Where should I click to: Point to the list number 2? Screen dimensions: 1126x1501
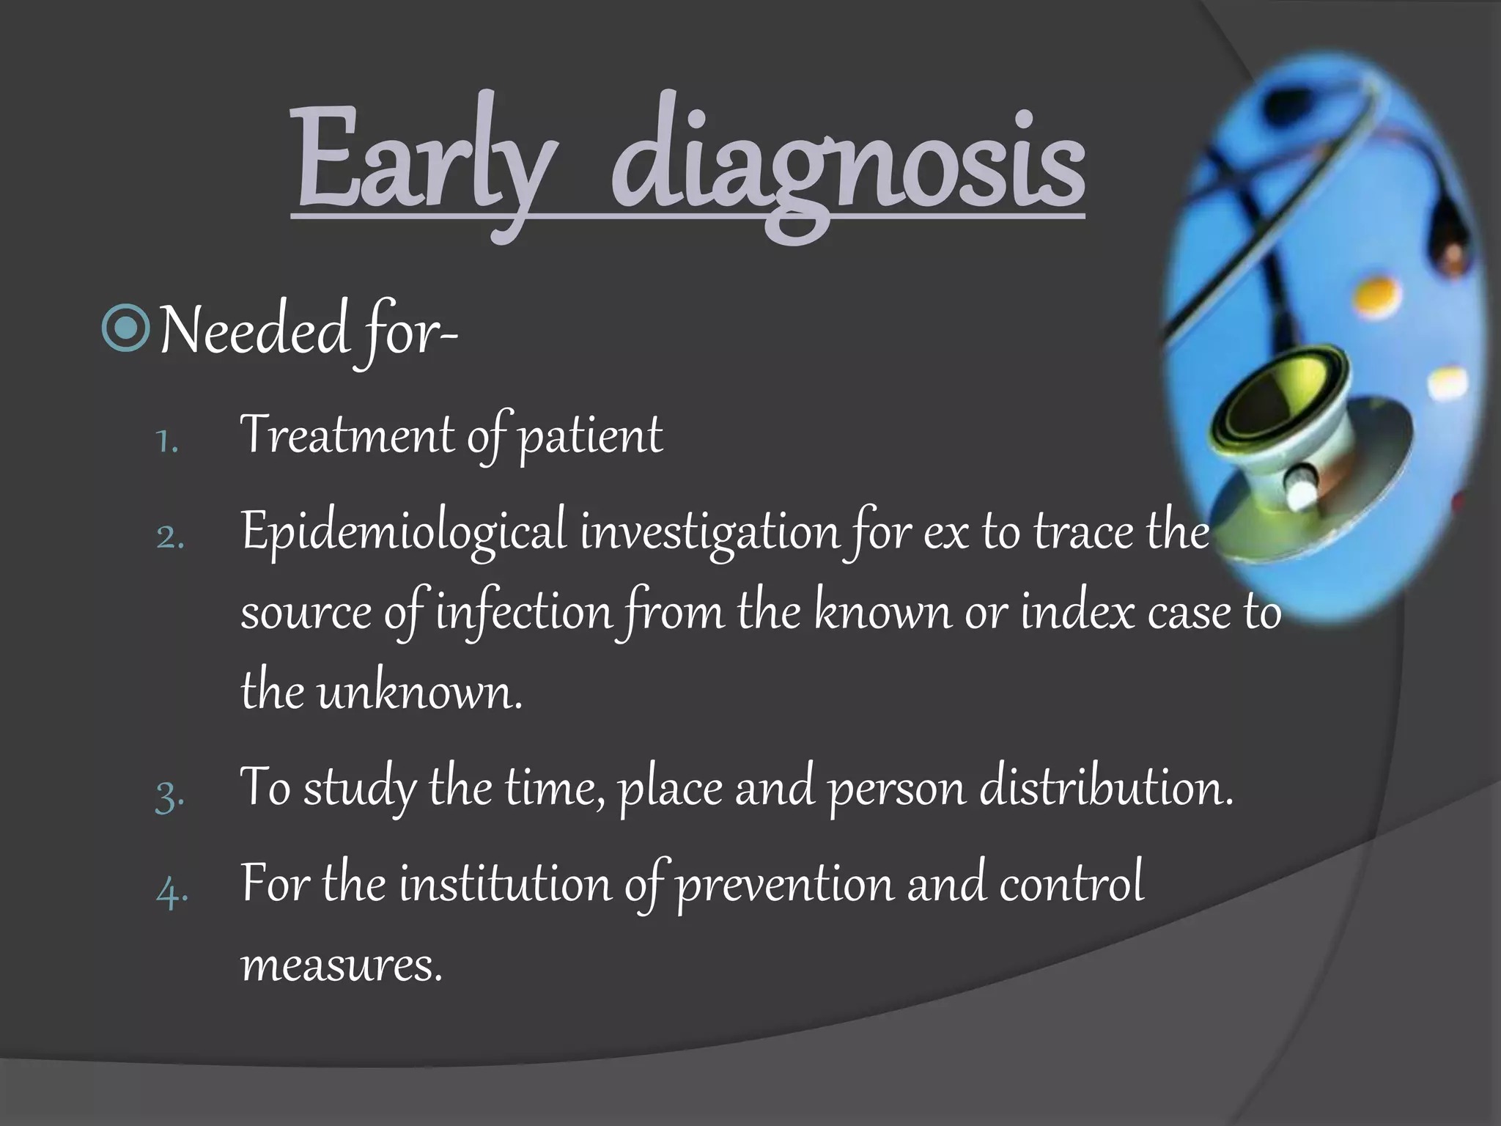point(170,538)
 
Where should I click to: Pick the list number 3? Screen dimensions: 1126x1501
point(170,795)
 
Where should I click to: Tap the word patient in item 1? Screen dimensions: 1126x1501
point(591,438)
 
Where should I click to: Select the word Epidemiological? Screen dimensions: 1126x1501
point(404,533)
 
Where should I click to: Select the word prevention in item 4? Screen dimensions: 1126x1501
point(784,886)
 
